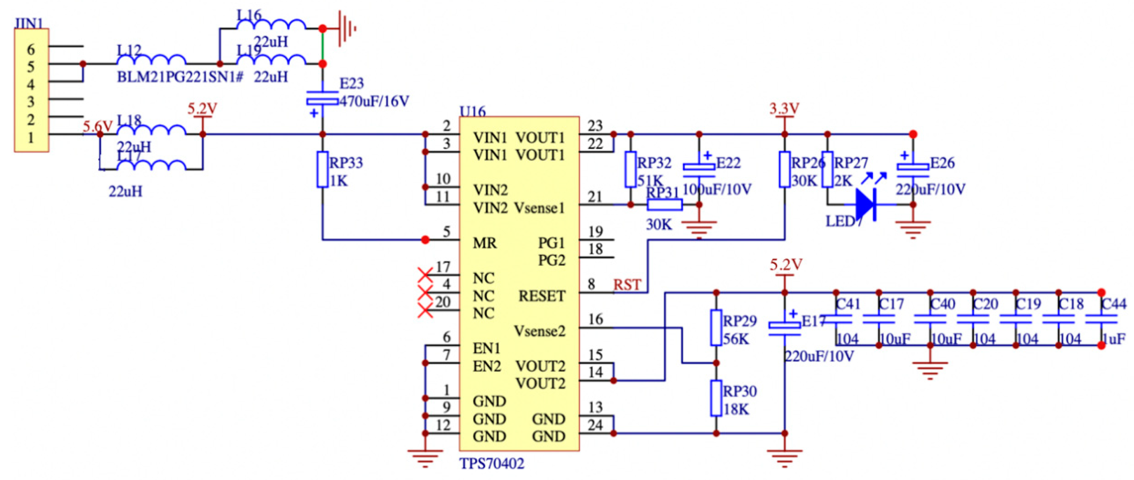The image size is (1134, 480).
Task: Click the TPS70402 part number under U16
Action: (x=492, y=464)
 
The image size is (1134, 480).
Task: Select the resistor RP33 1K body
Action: (x=323, y=170)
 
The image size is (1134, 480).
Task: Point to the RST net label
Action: (x=627, y=285)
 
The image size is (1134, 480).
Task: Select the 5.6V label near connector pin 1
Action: (x=98, y=127)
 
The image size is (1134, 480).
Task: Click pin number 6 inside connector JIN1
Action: (x=31, y=49)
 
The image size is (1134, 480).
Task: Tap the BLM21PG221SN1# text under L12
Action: (x=179, y=78)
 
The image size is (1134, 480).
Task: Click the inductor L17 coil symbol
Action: (x=151, y=166)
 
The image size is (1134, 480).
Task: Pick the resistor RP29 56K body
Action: (x=716, y=328)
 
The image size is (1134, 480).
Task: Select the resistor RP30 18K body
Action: (x=716, y=398)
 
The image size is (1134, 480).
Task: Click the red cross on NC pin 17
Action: (x=425, y=276)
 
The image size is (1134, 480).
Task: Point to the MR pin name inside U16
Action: (x=485, y=243)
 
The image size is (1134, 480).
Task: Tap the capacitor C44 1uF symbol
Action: (x=1101, y=319)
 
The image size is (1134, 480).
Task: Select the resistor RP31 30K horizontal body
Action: (x=665, y=205)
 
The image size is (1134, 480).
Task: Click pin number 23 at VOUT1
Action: (x=595, y=126)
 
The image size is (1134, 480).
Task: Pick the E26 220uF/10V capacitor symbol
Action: (x=913, y=170)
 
